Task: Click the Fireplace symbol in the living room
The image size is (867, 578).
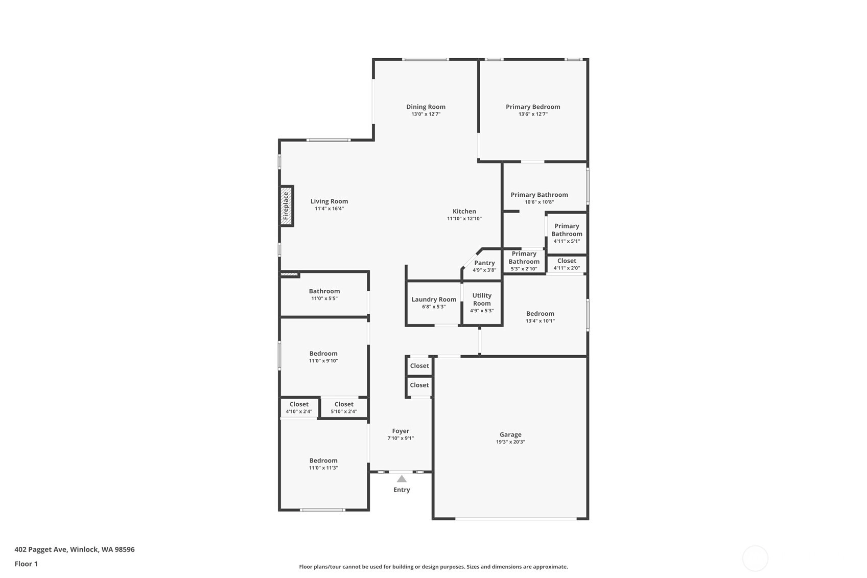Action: [286, 206]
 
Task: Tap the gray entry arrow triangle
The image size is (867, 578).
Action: [402, 479]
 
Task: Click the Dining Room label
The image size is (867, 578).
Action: [426, 107]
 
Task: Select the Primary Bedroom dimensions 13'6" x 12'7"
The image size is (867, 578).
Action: [533, 114]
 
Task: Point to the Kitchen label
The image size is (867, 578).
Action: [464, 212]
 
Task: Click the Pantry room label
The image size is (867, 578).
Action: [485, 263]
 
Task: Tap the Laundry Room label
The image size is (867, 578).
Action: [434, 299]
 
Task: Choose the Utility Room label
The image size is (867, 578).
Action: [482, 299]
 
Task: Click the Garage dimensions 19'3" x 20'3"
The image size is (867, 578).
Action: [510, 442]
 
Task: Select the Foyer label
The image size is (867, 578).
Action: [401, 431]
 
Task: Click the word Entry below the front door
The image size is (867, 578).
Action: [402, 490]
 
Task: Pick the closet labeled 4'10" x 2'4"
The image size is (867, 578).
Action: [299, 408]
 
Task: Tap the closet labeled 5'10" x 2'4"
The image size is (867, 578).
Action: [344, 408]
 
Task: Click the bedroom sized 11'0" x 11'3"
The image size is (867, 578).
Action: [323, 464]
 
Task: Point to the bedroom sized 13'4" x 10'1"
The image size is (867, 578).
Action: [541, 317]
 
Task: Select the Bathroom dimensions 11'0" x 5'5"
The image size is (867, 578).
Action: [324, 298]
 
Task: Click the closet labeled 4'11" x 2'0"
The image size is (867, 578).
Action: [567, 264]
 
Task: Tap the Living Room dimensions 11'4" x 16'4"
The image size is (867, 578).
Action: [330, 209]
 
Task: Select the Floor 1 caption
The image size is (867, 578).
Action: [27, 564]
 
